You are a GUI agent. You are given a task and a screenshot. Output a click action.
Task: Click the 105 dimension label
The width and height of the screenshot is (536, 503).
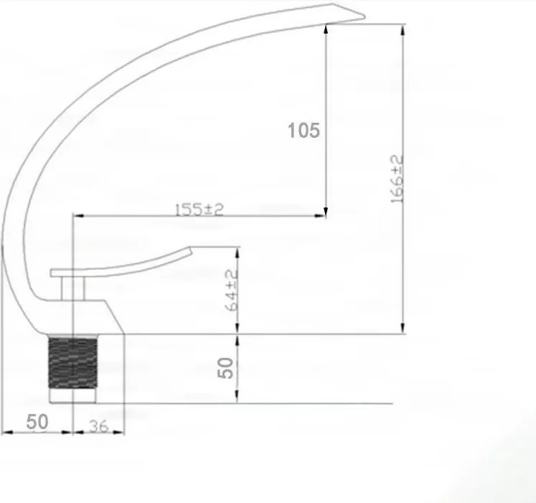pos(304,131)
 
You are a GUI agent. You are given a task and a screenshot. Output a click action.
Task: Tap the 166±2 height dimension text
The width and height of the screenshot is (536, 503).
pos(397,179)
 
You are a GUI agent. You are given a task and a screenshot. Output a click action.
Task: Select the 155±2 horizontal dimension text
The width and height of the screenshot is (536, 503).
pos(199,210)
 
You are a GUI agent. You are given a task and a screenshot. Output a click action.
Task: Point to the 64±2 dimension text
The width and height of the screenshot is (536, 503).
pos(232,291)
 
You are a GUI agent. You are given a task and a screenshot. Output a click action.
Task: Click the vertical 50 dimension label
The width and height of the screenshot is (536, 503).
pos(225,368)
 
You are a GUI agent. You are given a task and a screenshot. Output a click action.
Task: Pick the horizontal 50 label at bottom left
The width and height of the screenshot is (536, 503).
pos(37,422)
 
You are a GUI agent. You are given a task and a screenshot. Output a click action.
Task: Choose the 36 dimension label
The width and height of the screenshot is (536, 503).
pos(98,426)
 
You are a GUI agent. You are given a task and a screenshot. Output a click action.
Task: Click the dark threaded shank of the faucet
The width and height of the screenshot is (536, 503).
pos(72,362)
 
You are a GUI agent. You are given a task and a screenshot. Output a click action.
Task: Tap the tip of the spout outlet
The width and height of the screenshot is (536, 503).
pos(364,16)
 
